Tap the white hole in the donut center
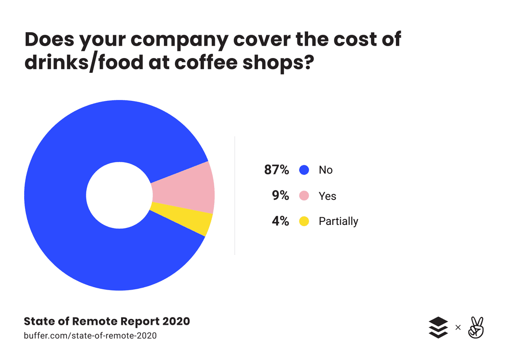(119, 195)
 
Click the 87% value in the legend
(276, 170)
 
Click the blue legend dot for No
(304, 170)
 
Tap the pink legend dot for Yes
(304, 196)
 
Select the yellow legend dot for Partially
(304, 221)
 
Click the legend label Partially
(338, 221)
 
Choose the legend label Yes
(327, 196)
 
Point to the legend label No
(326, 170)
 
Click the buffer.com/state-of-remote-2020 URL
(90, 336)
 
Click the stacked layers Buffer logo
(438, 327)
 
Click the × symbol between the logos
(458, 327)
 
